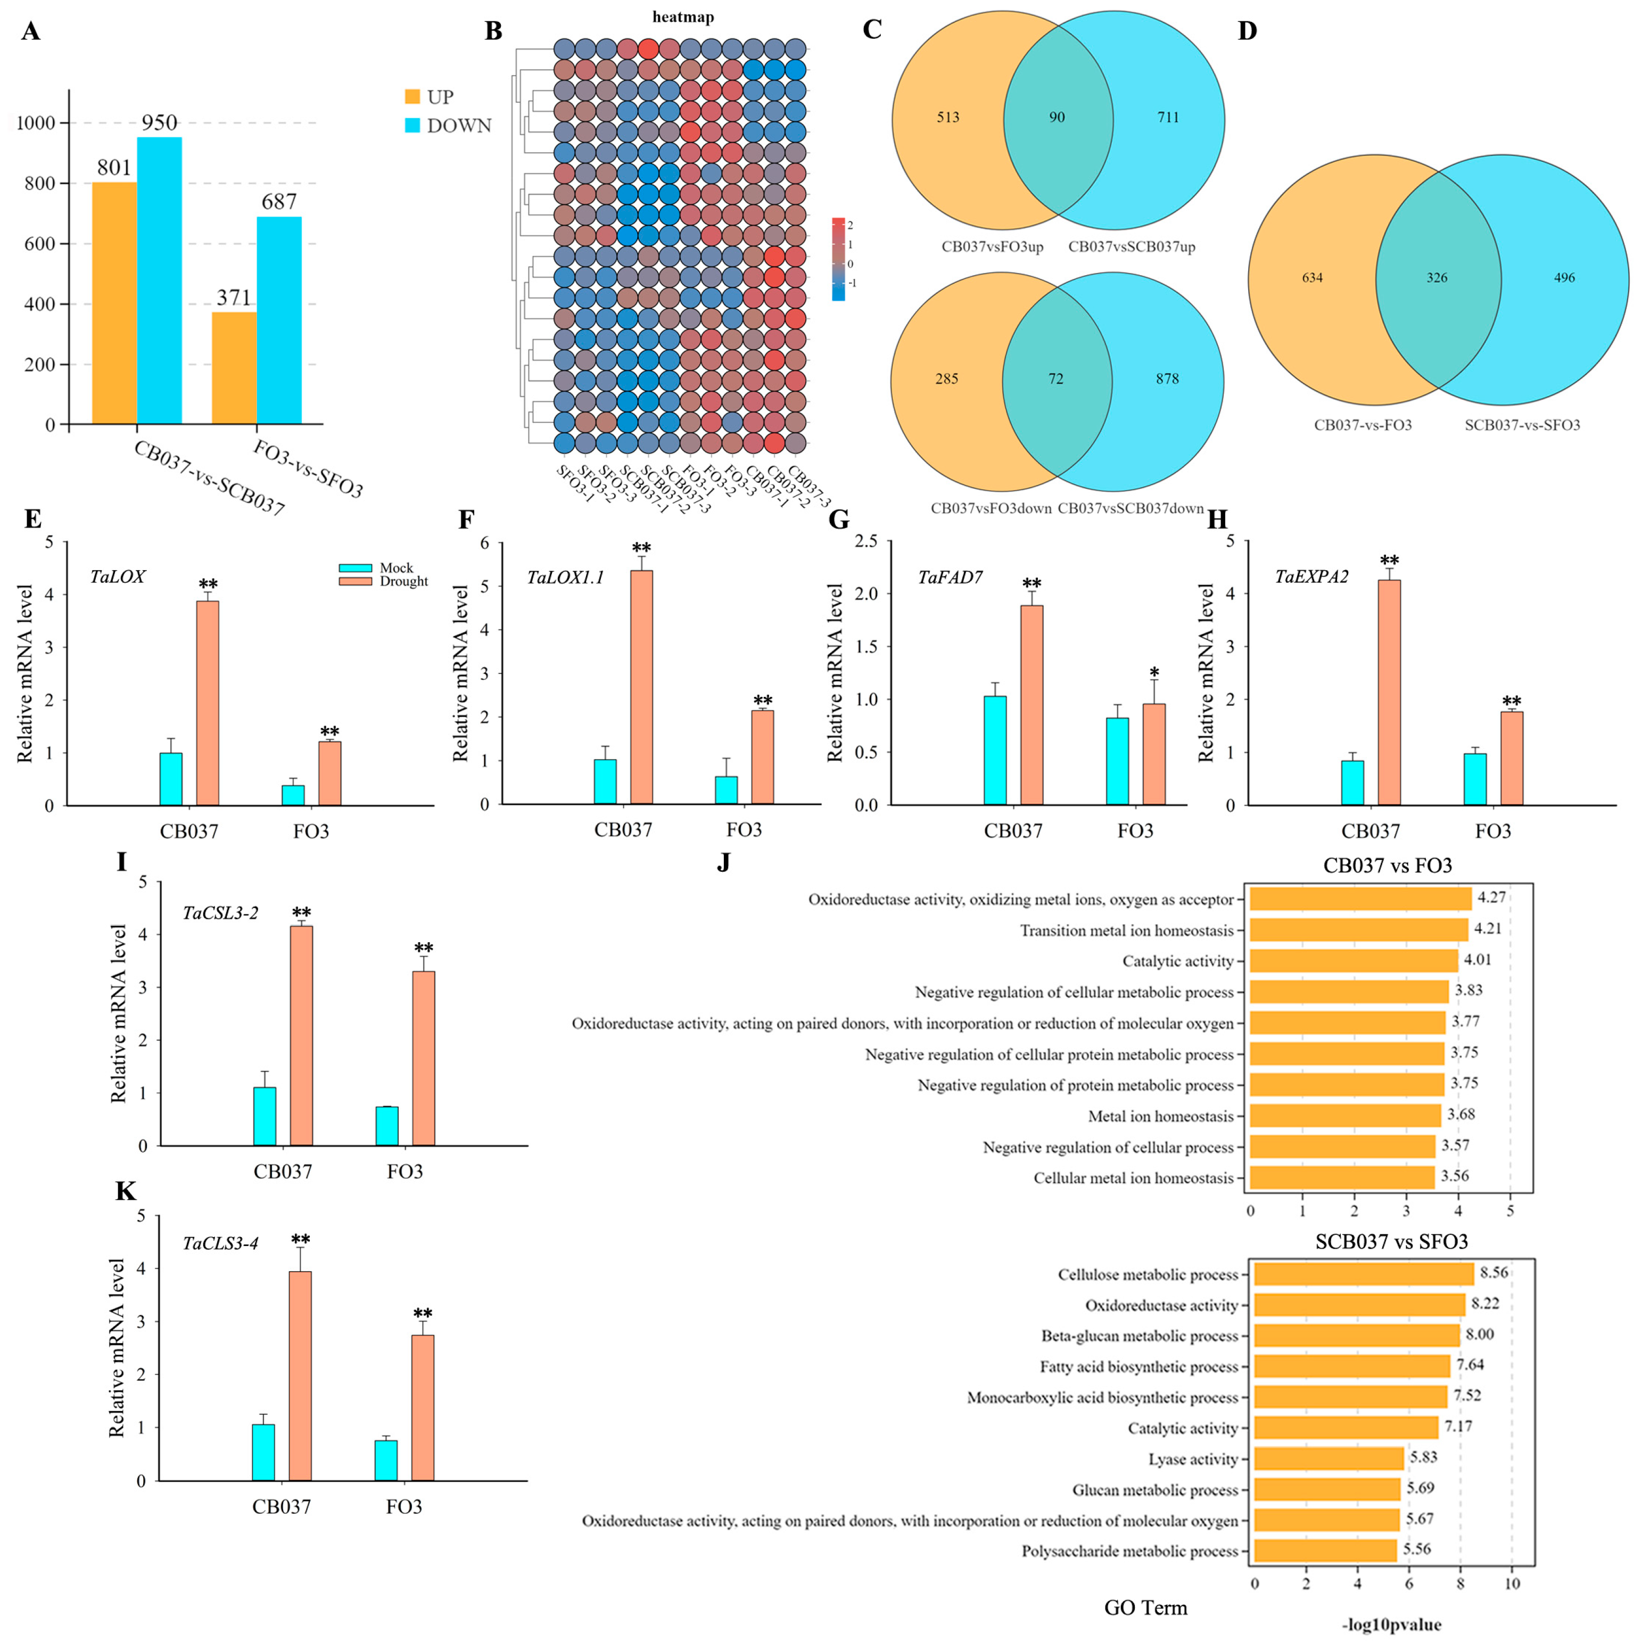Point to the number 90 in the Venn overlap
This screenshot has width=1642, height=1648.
click(x=1057, y=118)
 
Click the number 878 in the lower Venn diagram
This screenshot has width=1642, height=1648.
click(x=1167, y=379)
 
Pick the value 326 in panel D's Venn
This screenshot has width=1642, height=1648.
click(x=1437, y=278)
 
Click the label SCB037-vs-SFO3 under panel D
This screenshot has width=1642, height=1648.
click(x=1522, y=425)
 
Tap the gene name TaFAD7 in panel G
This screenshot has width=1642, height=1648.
click(x=950, y=578)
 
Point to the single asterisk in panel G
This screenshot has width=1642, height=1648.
click(x=1154, y=673)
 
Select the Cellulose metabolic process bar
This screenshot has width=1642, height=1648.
click(x=1363, y=1274)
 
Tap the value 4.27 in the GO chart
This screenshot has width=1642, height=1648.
click(x=1492, y=897)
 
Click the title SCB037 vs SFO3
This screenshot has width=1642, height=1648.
click(x=1391, y=1242)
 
